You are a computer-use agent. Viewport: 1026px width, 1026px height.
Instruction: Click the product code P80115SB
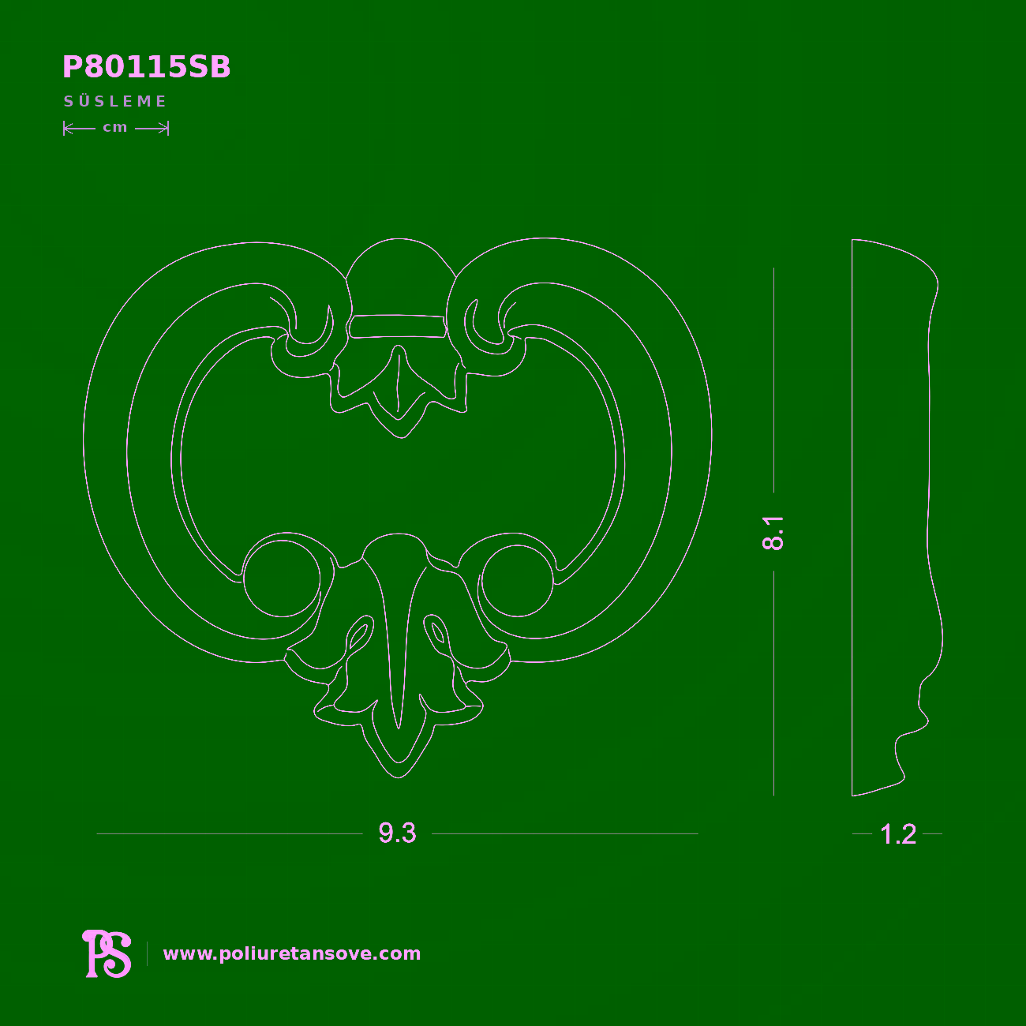click(x=147, y=68)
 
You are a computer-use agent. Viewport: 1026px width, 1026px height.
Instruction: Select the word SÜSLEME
click(x=115, y=101)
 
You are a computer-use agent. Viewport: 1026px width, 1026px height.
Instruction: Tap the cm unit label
click(x=115, y=128)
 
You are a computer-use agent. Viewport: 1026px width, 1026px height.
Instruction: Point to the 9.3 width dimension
click(x=397, y=833)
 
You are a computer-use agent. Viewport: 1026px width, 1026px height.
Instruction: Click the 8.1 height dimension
click(x=773, y=533)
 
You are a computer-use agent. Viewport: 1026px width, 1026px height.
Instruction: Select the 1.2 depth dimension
click(x=898, y=834)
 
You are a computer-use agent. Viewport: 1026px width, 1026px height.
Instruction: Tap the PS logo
click(x=107, y=953)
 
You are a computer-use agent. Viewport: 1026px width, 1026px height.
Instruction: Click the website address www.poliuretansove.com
click(x=292, y=953)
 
